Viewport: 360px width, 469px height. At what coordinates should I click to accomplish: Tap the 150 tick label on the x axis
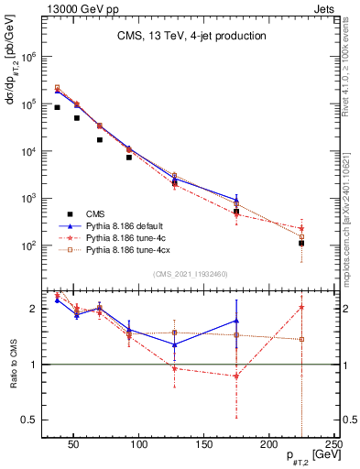click(203, 446)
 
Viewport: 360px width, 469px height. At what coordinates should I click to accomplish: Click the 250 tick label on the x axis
click(333, 446)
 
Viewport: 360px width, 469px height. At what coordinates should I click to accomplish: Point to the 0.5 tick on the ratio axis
click(31, 420)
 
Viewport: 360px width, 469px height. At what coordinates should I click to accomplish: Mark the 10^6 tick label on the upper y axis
click(29, 57)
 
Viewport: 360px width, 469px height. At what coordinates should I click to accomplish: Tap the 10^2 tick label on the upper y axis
click(29, 245)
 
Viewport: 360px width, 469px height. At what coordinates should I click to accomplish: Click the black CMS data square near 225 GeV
click(301, 243)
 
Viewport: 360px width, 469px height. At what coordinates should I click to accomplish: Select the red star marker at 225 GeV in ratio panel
click(301, 308)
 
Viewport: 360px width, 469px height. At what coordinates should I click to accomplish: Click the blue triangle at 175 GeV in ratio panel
click(236, 321)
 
